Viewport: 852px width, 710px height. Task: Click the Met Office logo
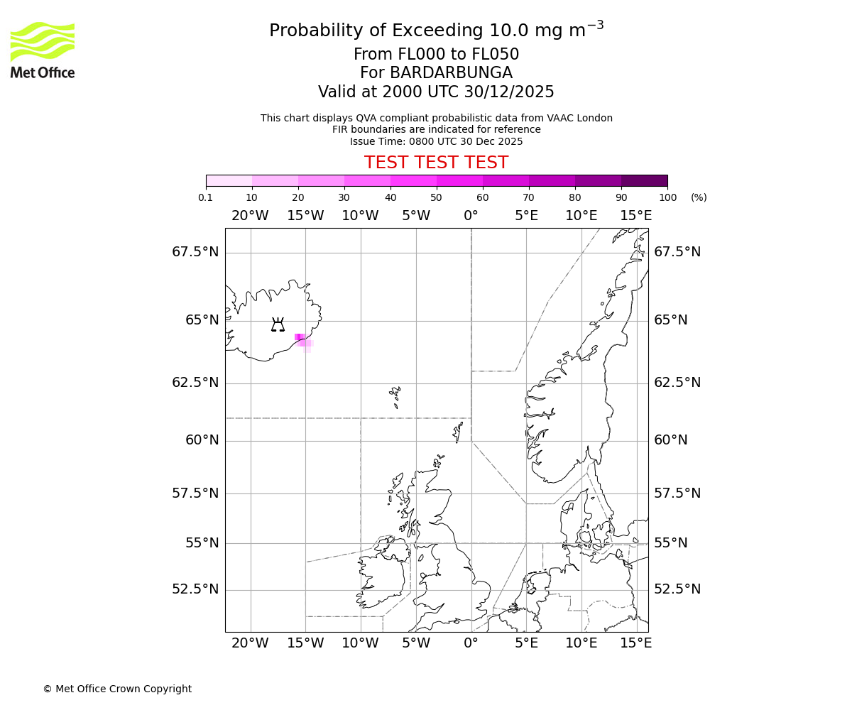click(x=43, y=50)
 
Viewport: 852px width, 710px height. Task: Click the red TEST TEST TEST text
click(x=436, y=163)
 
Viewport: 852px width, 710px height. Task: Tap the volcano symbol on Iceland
click(x=278, y=324)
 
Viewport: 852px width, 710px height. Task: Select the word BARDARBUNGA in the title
click(x=451, y=73)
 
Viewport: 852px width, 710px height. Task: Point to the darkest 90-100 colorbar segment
click(x=644, y=180)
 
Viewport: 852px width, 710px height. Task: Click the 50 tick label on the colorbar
click(x=436, y=197)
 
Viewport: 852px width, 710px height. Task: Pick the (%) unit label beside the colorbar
click(x=699, y=197)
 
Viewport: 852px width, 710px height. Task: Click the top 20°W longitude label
click(x=250, y=216)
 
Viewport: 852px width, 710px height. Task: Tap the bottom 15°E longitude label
click(x=636, y=643)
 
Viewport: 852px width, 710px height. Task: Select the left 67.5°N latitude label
click(x=195, y=252)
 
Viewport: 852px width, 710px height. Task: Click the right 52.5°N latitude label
click(x=677, y=589)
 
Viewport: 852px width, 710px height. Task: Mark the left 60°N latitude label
click(x=202, y=440)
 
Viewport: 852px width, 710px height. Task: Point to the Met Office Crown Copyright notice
click(x=117, y=689)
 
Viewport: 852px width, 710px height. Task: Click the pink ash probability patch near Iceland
click(x=302, y=339)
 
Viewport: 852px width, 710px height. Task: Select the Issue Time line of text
click(x=436, y=141)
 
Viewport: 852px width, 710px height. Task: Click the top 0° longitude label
click(x=471, y=216)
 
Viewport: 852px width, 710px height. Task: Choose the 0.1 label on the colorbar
click(x=206, y=197)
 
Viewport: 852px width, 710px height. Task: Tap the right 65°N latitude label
click(x=670, y=320)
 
